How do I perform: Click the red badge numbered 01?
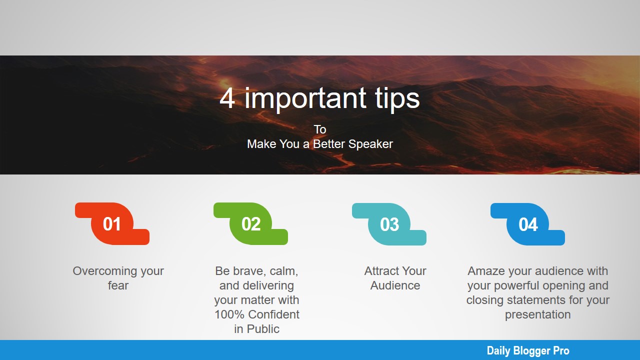[112, 223]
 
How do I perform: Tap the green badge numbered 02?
[250, 223]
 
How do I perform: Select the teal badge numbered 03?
[389, 224]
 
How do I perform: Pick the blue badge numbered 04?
[527, 224]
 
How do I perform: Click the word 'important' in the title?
[305, 99]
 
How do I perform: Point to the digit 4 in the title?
[227, 98]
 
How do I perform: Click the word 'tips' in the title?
[397, 99]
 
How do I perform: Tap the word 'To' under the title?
[320, 129]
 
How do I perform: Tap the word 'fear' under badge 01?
[118, 285]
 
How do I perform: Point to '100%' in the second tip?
[229, 314]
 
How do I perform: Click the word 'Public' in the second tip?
[263, 329]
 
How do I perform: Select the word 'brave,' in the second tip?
[249, 271]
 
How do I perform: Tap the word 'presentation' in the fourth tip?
[537, 315]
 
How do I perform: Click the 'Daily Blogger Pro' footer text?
[528, 350]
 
